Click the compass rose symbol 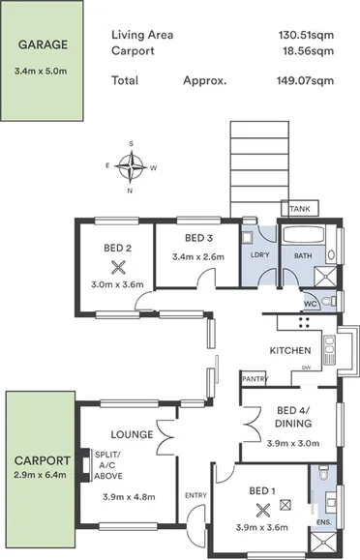[131, 166]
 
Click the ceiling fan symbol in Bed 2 [119, 267]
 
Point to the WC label [311, 304]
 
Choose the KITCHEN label [289, 350]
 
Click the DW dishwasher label [306, 368]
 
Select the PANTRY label [255, 379]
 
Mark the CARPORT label [41, 460]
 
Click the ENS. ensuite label [323, 523]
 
